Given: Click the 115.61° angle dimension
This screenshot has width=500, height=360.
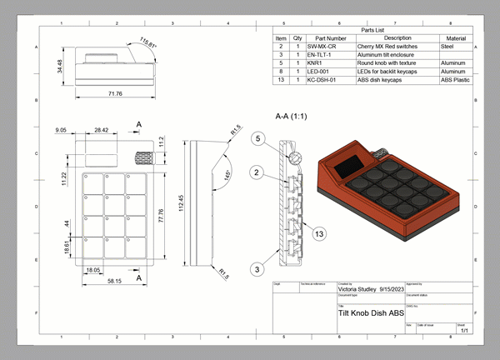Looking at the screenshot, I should point(147,42).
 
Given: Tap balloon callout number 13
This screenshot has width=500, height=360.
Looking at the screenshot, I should point(318,235).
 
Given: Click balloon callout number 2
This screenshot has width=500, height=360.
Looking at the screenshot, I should point(258,172).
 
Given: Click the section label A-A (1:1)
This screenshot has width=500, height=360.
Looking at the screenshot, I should point(296,119).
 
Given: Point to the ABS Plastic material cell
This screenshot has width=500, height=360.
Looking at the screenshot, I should point(456,80).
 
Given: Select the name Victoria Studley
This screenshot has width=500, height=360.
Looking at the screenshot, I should point(357,288).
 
